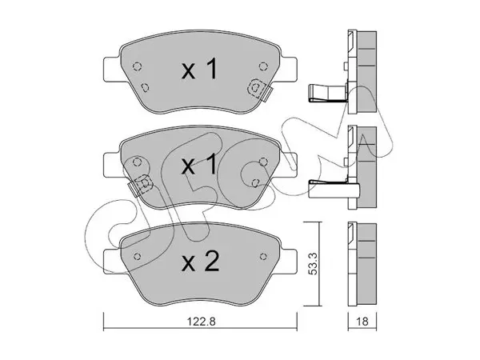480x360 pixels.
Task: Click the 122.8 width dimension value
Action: (201, 322)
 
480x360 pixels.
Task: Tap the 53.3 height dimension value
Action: (313, 263)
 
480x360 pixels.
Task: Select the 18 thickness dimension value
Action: (362, 322)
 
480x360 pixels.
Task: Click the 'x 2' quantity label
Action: (201, 261)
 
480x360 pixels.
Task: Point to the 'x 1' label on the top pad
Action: (199, 70)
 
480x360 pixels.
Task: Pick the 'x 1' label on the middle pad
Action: (199, 166)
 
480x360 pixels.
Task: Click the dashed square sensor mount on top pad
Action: (256, 89)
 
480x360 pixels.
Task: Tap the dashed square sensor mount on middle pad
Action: (143, 184)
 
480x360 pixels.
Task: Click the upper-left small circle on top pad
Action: (137, 66)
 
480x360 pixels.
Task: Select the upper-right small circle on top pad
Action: (262, 66)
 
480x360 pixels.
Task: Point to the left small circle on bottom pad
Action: (137, 256)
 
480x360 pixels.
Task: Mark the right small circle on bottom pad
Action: (262, 256)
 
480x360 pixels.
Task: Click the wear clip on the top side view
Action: (327, 93)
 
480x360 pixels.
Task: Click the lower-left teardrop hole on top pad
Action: (145, 88)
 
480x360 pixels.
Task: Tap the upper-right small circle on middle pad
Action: (262, 162)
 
